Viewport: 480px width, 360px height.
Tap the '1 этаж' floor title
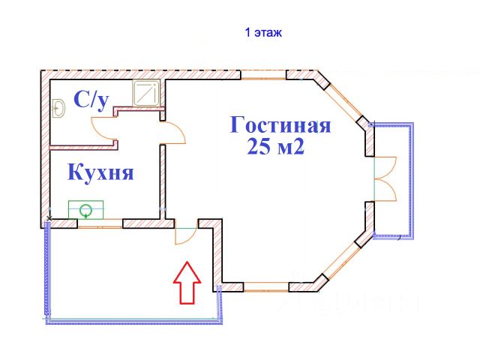click(262, 33)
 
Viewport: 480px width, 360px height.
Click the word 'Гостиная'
click(280, 124)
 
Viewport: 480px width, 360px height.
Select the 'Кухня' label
click(100, 173)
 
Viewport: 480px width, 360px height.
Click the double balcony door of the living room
click(385, 178)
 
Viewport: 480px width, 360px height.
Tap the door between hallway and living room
click(173, 133)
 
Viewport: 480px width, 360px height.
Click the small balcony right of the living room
click(394, 180)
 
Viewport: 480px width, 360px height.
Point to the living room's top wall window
click(263, 74)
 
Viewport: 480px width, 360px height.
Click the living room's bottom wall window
click(268, 286)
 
